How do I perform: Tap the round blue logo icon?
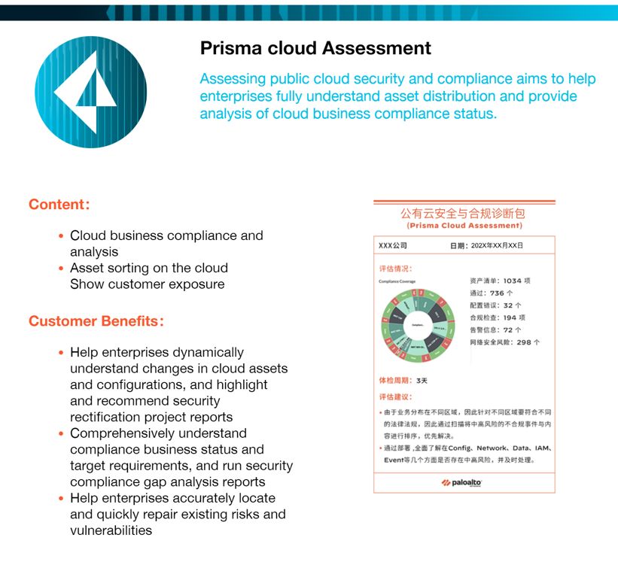tap(90, 92)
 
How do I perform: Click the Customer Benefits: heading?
tap(96, 321)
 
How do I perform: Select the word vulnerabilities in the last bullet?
tap(111, 530)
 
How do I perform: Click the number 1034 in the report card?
tap(512, 281)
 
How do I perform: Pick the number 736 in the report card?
tap(496, 293)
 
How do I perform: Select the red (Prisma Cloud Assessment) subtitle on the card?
tap(464, 226)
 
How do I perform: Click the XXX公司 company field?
tap(393, 246)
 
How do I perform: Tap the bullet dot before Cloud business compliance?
tap(61, 236)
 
